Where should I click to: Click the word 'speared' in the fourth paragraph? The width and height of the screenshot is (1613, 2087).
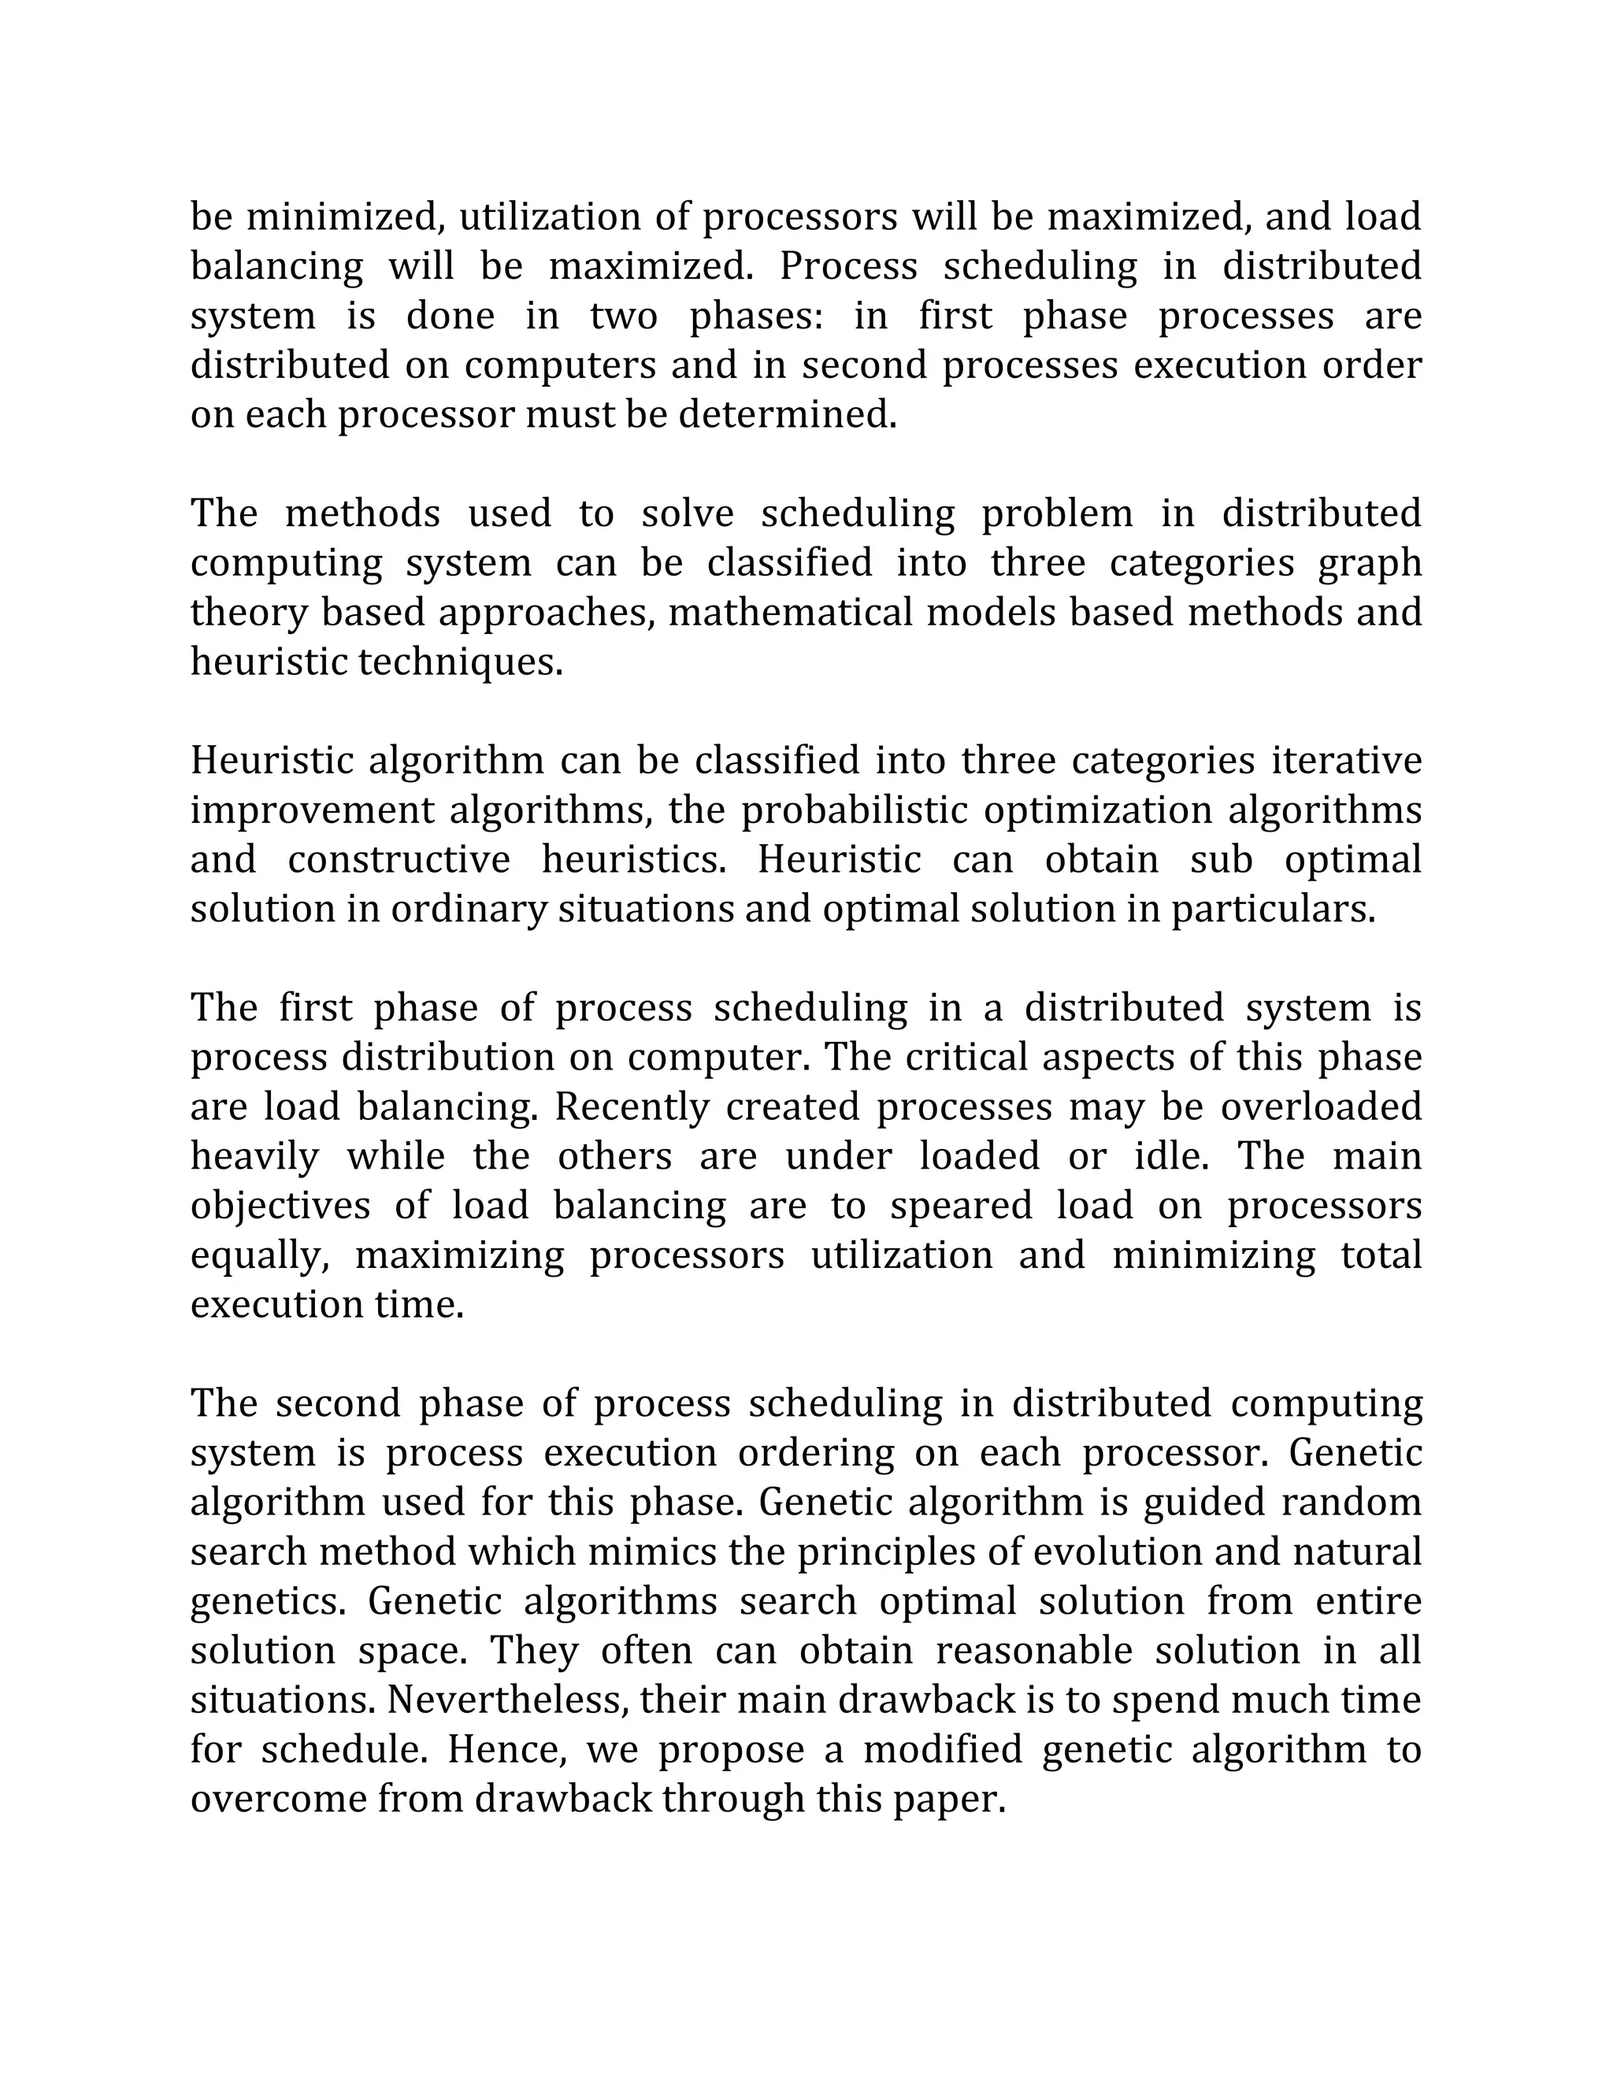[962, 1206]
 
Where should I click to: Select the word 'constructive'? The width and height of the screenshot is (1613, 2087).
[399, 860]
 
